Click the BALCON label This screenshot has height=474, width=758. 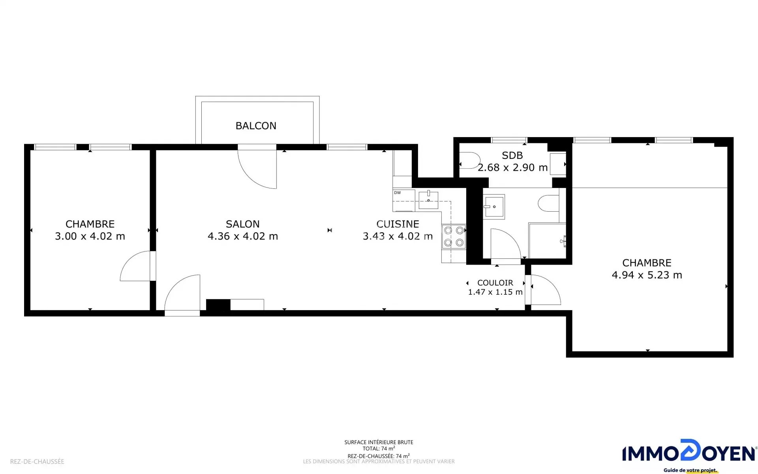(256, 126)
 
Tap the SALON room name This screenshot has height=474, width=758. (243, 224)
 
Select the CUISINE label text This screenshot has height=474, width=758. (398, 224)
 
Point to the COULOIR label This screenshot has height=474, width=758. (495, 283)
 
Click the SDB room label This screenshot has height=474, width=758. (512, 155)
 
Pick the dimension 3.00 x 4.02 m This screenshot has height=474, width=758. (90, 236)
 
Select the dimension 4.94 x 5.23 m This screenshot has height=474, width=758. (647, 275)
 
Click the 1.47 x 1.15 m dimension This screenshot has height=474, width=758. (495, 292)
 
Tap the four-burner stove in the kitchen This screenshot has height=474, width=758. (454, 236)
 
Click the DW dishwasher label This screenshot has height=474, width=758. (397, 193)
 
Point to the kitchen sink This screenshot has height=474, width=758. (428, 199)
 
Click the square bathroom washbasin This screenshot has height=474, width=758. (494, 206)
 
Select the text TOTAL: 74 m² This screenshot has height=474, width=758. (379, 448)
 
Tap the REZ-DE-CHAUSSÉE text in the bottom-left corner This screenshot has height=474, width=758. (37, 461)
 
